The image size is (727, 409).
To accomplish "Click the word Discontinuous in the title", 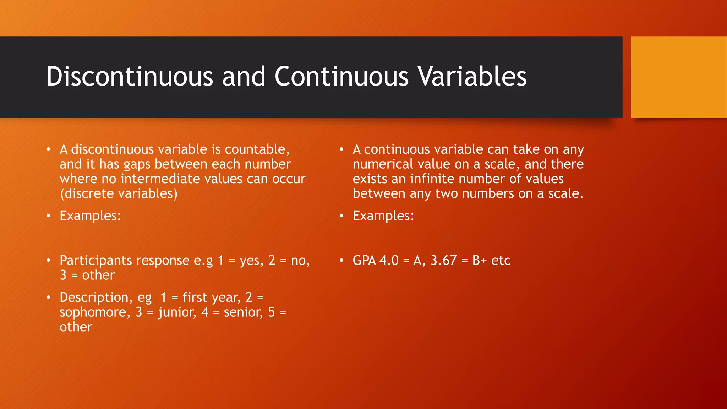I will pos(130,76).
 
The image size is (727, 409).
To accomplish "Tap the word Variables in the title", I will pos(472,76).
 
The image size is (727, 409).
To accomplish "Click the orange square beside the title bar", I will pos(679,77).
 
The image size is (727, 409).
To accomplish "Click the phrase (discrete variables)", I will pos(119,194).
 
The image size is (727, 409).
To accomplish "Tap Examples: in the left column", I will pos(90,216).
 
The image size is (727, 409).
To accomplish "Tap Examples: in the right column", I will pos(383,216).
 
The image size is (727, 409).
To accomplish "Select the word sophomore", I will pos(93,312).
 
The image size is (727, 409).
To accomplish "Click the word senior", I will pos(243,312).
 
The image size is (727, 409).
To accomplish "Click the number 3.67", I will pos(443,261).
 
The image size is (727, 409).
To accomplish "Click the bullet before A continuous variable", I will pos(341,149).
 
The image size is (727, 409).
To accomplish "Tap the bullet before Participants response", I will pos(49,261).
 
